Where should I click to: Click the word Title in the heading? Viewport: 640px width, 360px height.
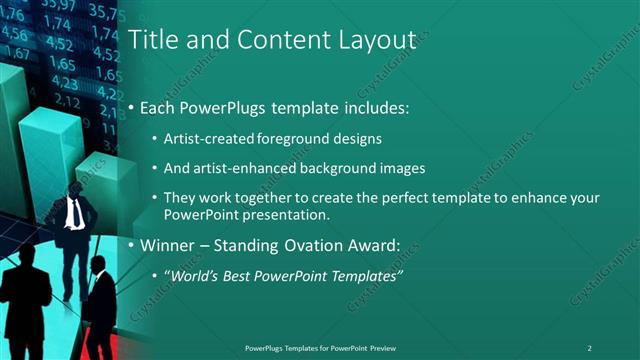coord(153,40)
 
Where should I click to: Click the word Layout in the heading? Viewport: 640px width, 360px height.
coord(375,40)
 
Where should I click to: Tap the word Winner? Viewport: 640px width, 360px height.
coord(166,245)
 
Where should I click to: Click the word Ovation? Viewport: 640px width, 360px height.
coord(311,245)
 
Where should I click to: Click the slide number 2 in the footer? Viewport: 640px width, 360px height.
coord(589,347)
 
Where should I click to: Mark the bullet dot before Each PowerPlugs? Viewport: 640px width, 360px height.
coord(132,108)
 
